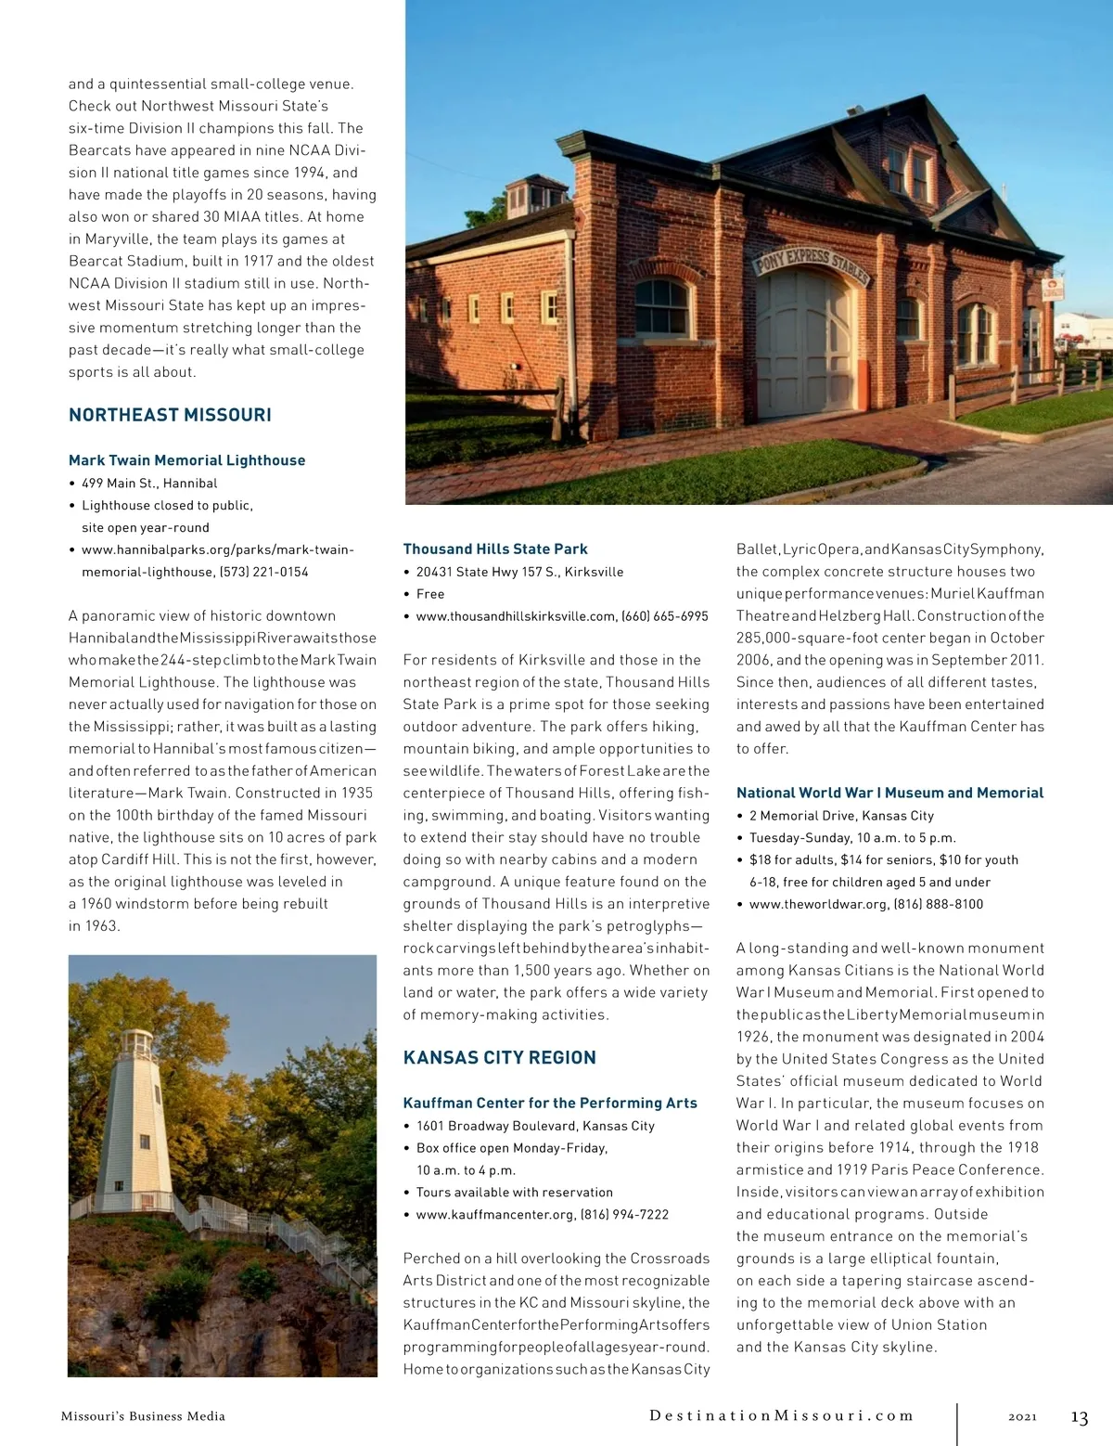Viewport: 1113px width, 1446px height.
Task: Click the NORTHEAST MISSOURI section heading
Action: [x=170, y=415]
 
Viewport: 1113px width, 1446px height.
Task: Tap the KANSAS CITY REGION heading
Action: [x=499, y=1057]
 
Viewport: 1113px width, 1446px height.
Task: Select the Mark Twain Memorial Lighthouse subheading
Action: [x=186, y=460]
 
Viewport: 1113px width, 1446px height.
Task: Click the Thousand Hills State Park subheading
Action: [x=495, y=549]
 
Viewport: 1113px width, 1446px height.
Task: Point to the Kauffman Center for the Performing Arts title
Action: [x=550, y=1103]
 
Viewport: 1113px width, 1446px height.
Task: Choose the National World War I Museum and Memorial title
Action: [x=889, y=793]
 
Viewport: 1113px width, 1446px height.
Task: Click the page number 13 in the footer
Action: [x=1079, y=1417]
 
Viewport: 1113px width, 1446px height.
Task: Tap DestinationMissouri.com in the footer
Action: [x=781, y=1415]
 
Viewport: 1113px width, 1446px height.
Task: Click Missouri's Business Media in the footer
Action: [x=143, y=1416]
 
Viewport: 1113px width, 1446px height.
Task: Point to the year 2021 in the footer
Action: [x=1022, y=1416]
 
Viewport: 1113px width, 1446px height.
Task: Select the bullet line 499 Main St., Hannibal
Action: [x=149, y=483]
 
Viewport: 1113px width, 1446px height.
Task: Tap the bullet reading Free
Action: [x=430, y=594]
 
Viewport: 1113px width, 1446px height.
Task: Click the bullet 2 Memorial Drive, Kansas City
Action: [x=841, y=815]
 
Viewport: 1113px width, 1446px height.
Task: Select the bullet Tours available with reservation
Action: [x=514, y=1192]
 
